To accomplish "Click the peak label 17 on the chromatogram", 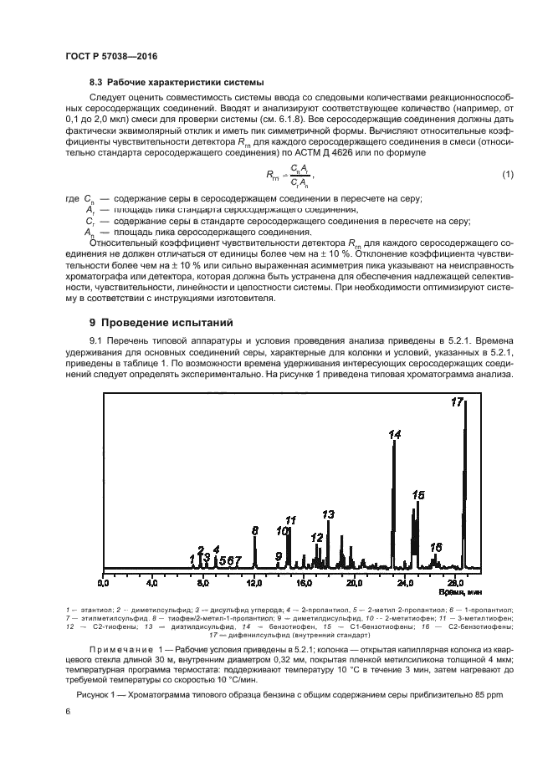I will [x=457, y=402].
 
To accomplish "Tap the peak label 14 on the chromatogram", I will [x=395, y=434].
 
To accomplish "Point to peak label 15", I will [x=418, y=495].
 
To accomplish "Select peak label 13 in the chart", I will [x=329, y=514].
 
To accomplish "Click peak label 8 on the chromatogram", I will [x=255, y=530].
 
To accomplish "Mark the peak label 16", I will [x=436, y=547].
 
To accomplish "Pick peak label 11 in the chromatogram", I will [x=291, y=520].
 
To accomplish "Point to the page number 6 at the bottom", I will [x=68, y=711].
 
